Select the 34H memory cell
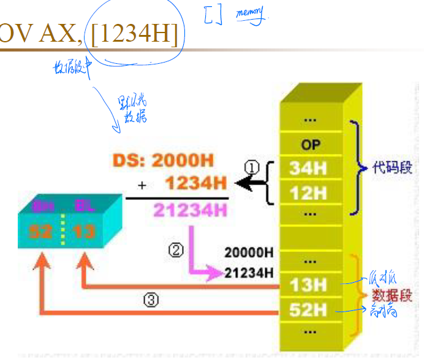(308, 168)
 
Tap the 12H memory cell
(308, 193)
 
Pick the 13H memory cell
(308, 284)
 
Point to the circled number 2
(176, 251)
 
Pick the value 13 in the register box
(80, 232)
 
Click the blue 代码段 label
(388, 167)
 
